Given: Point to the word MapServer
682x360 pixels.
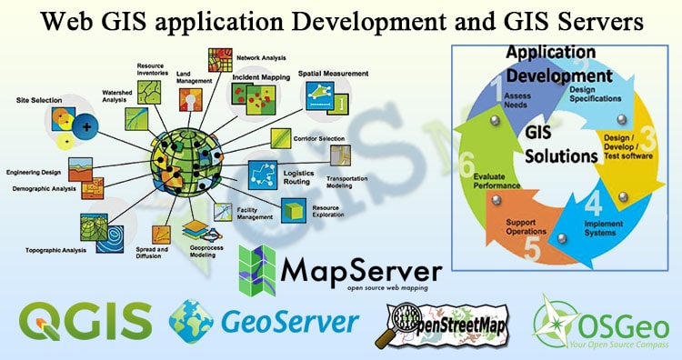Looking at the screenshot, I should [361, 270].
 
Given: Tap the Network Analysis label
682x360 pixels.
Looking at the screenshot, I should [261, 57].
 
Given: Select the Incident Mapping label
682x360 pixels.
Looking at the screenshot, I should [261, 77].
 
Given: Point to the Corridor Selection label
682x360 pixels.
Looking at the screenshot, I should [319, 138].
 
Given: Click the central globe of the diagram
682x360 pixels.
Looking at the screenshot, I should [184, 160].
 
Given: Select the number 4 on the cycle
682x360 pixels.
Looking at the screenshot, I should [593, 205].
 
